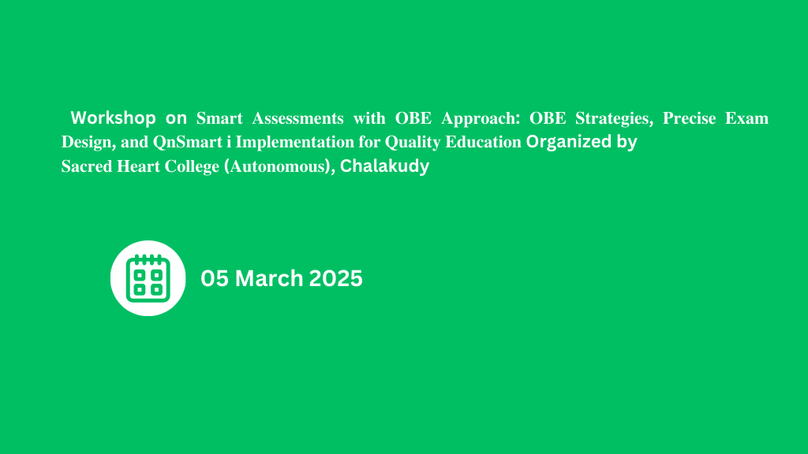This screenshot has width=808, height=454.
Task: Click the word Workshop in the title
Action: click(x=113, y=118)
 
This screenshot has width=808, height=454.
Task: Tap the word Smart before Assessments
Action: click(x=219, y=118)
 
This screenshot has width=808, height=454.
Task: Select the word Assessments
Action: click(x=297, y=118)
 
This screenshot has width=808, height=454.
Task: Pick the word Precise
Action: click(x=689, y=118)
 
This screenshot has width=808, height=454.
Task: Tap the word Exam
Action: click(x=746, y=118)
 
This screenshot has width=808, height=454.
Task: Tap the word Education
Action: click(x=483, y=142)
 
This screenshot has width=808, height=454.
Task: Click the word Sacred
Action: click(x=87, y=166)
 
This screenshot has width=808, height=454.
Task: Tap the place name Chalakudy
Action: click(x=384, y=166)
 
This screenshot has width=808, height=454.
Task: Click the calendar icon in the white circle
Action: click(x=148, y=278)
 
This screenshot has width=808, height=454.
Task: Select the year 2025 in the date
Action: click(x=335, y=278)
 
